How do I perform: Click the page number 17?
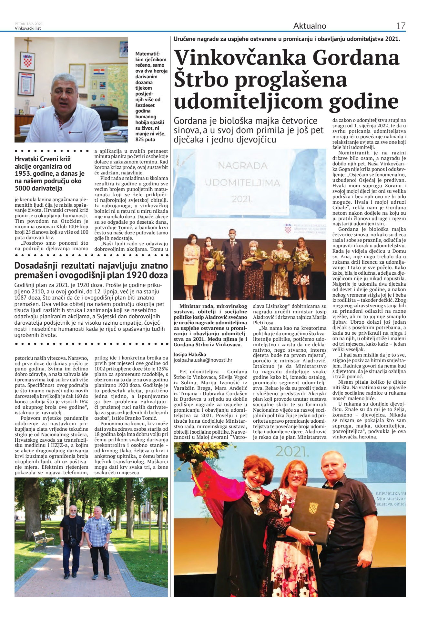[x=401, y=26]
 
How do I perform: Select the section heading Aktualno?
[x=310, y=26]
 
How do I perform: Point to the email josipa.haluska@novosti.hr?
[x=203, y=360]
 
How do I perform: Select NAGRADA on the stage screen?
[x=242, y=166]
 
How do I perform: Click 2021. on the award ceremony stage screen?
[x=242, y=199]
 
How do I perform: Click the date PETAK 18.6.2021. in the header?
[x=29, y=24]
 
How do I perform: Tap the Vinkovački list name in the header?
[x=28, y=28]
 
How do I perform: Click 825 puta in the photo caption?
[x=145, y=140]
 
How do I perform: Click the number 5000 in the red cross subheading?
[x=22, y=189]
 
